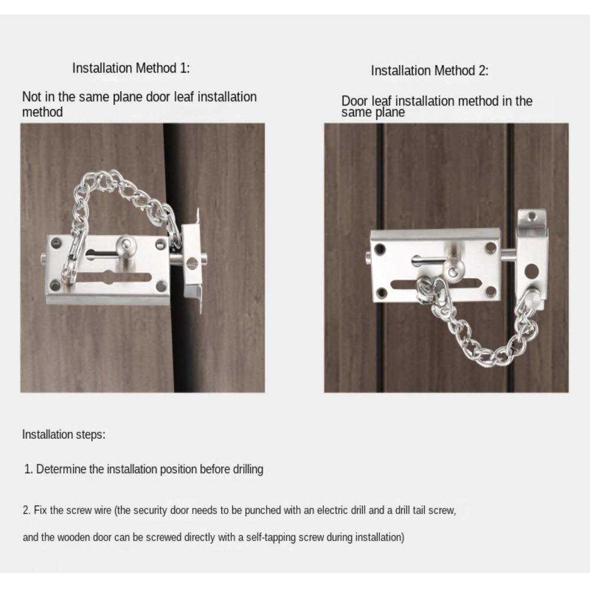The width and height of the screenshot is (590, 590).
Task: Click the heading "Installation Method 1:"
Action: click(131, 68)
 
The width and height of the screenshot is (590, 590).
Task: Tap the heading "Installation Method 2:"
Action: click(430, 71)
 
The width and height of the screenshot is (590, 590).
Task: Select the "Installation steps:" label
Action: click(64, 435)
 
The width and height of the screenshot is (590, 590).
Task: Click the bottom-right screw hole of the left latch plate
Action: click(160, 286)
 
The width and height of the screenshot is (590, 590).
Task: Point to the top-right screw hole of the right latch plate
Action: click(491, 248)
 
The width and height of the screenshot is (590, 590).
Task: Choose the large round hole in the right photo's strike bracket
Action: click(532, 271)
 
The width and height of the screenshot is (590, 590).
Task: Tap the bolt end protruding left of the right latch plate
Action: click(368, 256)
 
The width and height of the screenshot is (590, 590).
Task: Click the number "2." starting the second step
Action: click(27, 510)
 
